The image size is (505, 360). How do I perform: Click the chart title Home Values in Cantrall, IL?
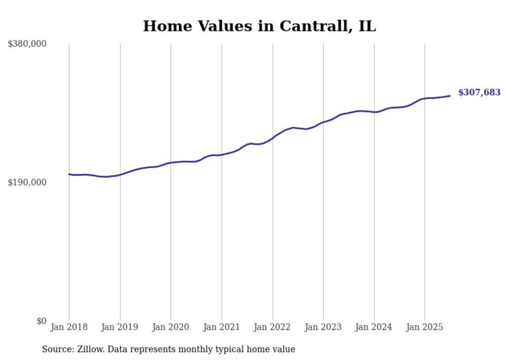pos(259,26)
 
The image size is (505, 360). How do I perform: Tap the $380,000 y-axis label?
pos(27,44)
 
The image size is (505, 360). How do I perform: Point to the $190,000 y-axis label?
pos(27,182)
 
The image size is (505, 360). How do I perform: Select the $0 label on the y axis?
pos(41,321)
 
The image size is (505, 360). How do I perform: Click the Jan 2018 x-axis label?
pos(69,327)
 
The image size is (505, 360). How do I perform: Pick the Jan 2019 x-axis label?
pos(120,327)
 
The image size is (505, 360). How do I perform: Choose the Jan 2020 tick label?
pos(171,327)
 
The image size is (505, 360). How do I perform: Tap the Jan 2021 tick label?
pos(222,327)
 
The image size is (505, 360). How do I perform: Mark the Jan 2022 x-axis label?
pos(273,327)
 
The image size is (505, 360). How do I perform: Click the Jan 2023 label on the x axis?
pos(323,327)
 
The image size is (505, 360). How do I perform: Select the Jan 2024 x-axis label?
pos(374,327)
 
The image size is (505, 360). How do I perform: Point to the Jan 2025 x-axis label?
pos(425,327)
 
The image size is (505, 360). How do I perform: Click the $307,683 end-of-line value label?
pos(479,93)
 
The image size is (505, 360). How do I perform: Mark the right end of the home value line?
pos(450,96)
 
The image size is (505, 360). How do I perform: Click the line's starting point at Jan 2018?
pos(69,174)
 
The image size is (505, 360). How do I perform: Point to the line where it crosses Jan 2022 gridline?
pos(273,138)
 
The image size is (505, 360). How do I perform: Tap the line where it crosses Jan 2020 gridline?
pos(171,163)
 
